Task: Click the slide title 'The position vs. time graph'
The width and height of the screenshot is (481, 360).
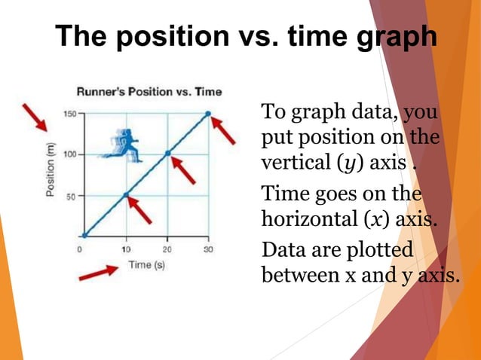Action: click(246, 35)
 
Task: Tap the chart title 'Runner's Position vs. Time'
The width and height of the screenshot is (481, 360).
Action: click(149, 92)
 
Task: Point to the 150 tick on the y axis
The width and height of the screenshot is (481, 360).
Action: click(69, 114)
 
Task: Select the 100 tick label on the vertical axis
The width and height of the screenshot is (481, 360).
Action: click(69, 154)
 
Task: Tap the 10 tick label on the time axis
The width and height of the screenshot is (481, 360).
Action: click(126, 249)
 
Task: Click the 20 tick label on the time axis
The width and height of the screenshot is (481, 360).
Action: click(167, 249)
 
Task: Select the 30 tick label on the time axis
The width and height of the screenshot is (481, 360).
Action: click(209, 249)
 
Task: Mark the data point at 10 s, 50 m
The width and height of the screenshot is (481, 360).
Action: click(126, 195)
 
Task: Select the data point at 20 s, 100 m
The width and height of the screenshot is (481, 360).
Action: click(168, 154)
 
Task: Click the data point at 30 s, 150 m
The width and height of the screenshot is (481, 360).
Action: click(209, 114)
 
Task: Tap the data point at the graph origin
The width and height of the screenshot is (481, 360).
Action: click(84, 236)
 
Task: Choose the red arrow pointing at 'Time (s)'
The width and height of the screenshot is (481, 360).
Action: click(99, 271)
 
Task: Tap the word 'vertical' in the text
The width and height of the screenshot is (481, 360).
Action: click(291, 163)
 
